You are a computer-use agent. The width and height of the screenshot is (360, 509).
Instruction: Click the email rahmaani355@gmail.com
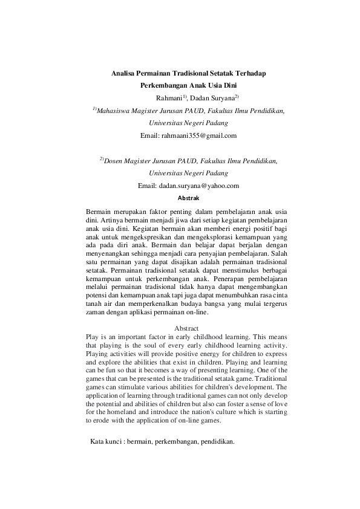[x=199, y=135]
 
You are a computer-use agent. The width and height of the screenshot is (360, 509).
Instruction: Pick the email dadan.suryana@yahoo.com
[x=198, y=186]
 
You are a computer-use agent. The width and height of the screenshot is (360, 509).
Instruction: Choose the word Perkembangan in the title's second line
[x=163, y=86]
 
